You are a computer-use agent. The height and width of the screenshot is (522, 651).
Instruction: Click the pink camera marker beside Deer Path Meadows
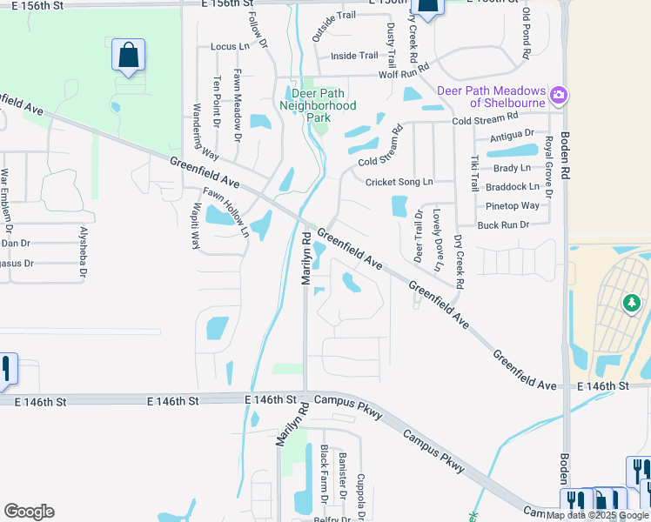(559, 93)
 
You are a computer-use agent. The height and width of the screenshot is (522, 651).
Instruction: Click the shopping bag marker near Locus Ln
(128, 55)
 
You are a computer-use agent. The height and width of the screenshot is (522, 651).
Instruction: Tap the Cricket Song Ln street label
(399, 182)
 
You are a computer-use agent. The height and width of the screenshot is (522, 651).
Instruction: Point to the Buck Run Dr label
(503, 224)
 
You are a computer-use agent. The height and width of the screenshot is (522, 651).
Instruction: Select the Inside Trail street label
(355, 56)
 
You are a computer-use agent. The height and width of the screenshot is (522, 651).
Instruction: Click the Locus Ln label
(230, 46)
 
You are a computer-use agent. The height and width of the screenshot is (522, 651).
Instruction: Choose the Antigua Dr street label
(512, 136)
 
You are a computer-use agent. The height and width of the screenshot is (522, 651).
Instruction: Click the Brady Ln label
(511, 168)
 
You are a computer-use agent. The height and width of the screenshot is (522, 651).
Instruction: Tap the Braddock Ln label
(513, 186)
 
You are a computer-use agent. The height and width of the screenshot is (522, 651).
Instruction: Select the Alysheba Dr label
(84, 253)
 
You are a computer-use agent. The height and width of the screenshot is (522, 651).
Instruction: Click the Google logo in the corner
(29, 512)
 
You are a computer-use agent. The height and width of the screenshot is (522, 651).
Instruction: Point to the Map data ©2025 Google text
(598, 515)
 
